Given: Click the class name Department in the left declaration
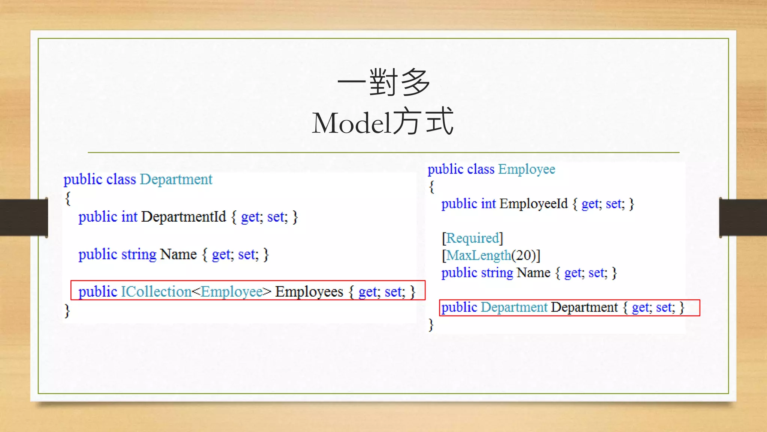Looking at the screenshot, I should click(x=176, y=180).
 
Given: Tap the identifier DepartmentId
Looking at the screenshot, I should click(x=184, y=217).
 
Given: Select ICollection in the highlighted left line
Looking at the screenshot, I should click(x=156, y=292).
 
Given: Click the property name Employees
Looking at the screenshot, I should click(x=309, y=292).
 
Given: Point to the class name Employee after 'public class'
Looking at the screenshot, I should click(x=527, y=169).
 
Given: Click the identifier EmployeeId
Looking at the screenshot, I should click(x=533, y=204).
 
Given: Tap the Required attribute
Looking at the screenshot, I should click(x=473, y=238).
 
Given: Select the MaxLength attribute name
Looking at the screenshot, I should click(x=478, y=255).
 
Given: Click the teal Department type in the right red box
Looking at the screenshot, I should click(x=514, y=307).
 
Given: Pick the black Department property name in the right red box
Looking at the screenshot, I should click(x=584, y=307).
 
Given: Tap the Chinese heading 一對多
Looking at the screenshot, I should click(x=383, y=82).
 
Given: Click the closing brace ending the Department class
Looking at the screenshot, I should click(x=67, y=311).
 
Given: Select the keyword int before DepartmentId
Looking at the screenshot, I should click(x=129, y=217).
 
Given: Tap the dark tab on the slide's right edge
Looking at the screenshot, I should click(x=743, y=217).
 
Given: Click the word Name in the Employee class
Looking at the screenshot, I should click(x=533, y=273).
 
